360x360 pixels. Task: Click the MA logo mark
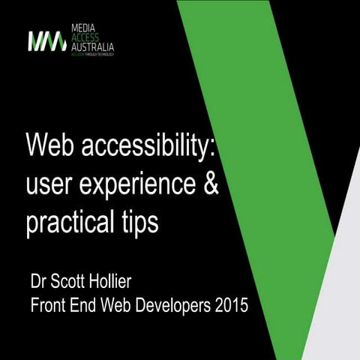47,40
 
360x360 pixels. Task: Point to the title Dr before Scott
39,285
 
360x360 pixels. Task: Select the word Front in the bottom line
49,306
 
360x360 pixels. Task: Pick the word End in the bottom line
89,306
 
